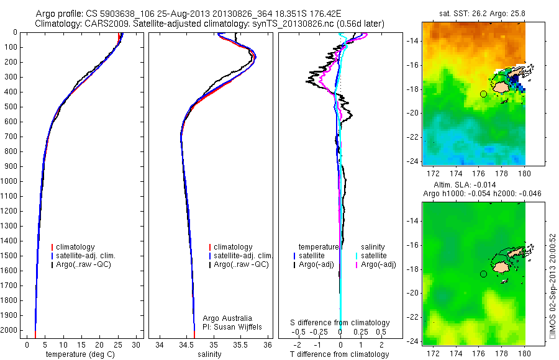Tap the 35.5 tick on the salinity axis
click(x=241, y=344)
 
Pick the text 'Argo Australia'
click(x=227, y=318)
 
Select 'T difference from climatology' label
click(x=341, y=354)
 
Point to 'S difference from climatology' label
click(x=340, y=323)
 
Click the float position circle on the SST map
click(x=483, y=94)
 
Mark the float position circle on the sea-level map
click(x=483, y=274)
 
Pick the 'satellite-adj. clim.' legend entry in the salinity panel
click(x=243, y=256)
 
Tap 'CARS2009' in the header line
click(x=101, y=24)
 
